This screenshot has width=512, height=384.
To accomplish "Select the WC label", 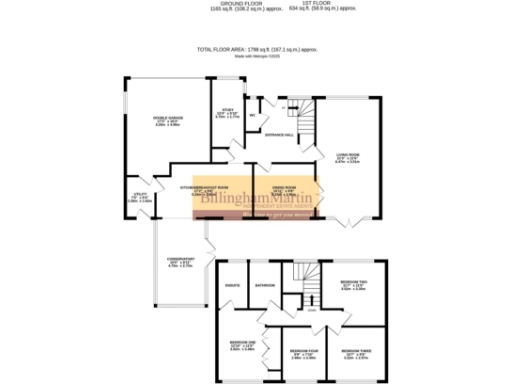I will point(252,115).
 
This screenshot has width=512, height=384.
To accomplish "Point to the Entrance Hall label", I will point(278,135).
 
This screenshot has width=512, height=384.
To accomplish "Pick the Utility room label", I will point(142,198).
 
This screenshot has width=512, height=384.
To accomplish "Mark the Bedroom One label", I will point(231,346).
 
